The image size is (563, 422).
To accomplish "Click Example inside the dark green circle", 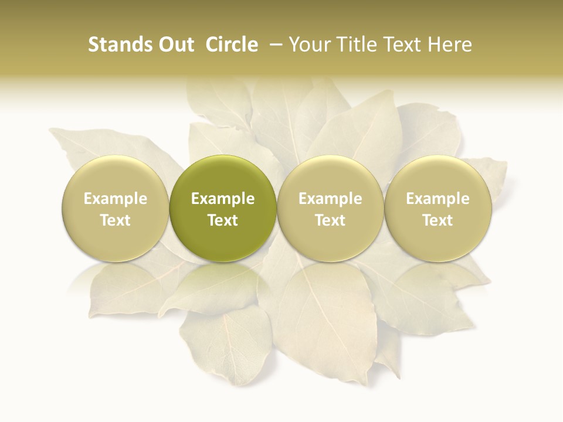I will [223, 199].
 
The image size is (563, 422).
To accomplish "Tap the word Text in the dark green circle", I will [223, 220].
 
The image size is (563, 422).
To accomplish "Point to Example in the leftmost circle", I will [116, 199].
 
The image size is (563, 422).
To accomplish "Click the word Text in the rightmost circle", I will [438, 220].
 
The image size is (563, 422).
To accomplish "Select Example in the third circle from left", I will [330, 199].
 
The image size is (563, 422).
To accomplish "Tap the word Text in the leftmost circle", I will [116, 220].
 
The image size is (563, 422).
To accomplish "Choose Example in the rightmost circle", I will [438, 199].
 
